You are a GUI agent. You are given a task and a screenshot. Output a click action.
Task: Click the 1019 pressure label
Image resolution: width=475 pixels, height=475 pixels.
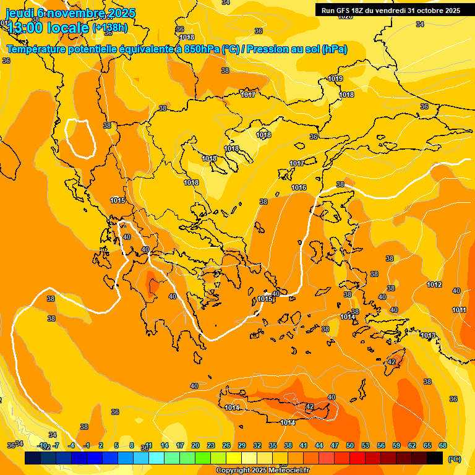click(x=335, y=79)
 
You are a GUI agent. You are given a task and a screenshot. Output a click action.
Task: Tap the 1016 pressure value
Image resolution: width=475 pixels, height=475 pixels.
click(x=299, y=187)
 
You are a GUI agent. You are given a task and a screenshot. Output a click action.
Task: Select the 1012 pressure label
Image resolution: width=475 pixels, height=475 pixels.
click(x=434, y=285)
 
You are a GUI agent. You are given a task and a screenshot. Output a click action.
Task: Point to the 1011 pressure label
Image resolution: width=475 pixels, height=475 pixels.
click(x=459, y=310)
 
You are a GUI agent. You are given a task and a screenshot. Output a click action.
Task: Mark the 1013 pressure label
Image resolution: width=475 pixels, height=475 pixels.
click(x=427, y=335)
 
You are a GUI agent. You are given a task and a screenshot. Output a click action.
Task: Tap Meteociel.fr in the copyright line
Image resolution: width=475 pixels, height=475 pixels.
click(x=285, y=471)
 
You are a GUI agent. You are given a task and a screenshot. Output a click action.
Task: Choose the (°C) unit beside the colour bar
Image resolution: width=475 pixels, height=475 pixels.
click(x=454, y=459)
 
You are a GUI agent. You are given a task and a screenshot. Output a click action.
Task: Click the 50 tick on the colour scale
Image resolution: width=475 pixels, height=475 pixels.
click(x=350, y=445)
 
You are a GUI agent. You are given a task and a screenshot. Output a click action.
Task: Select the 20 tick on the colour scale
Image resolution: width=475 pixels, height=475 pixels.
click(x=195, y=445)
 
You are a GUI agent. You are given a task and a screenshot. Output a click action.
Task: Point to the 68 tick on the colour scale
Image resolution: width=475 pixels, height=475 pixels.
click(x=443, y=445)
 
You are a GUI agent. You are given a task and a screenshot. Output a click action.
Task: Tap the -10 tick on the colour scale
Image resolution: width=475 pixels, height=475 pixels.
click(x=41, y=445)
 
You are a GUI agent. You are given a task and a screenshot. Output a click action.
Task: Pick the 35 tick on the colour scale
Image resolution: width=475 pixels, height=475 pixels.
click(x=273, y=445)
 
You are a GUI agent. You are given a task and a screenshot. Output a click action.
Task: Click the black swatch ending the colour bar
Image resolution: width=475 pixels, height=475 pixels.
click(x=435, y=458)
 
